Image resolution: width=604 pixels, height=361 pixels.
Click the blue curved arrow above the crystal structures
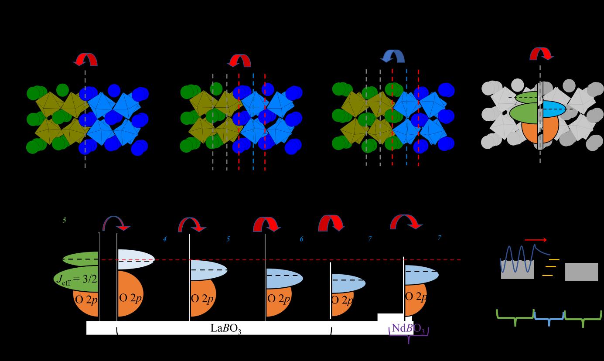(x=393, y=55)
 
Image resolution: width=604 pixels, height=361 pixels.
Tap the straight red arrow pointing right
(x=535, y=239)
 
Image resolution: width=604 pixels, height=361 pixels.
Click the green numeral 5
(x=64, y=220)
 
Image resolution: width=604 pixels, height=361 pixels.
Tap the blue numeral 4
(x=164, y=239)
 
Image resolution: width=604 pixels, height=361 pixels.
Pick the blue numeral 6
(x=301, y=239)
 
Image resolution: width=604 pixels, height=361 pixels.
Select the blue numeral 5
(x=228, y=239)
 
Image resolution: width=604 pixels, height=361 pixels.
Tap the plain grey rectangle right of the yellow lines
(x=581, y=272)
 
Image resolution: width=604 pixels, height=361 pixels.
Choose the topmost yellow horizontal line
(x=554, y=259)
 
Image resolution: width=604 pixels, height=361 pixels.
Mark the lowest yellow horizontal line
(x=547, y=276)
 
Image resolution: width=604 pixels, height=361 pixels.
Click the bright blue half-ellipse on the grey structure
(x=554, y=108)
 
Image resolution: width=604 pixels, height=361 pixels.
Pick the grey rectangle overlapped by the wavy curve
(x=517, y=270)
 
